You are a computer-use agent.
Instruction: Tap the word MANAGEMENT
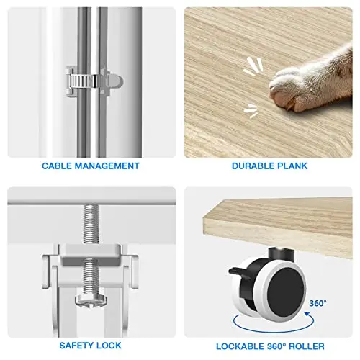pos(107,166)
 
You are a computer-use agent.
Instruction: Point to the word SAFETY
pos(73,346)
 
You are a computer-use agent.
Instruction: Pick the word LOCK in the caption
pos(106,346)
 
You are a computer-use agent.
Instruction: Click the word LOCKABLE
pos(240,346)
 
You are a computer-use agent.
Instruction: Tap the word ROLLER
pos(307,346)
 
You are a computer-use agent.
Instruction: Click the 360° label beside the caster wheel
pos(318,303)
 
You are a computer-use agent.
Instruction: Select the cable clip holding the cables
pos(94,81)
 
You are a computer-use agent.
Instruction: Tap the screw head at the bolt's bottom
pos(91,300)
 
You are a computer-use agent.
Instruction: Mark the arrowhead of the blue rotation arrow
pos(307,314)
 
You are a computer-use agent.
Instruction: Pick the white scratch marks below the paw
pos(251,111)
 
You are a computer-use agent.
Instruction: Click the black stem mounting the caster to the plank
pos(281,255)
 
